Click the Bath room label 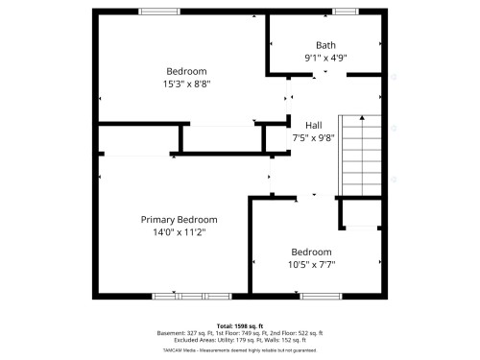tap(325, 45)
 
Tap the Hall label tap(314, 126)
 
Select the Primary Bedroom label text tap(179, 219)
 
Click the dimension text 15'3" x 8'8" tap(186, 84)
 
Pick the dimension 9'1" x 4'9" tap(325, 58)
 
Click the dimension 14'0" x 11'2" tap(179, 231)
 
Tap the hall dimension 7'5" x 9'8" tap(314, 138)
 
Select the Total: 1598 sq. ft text tap(240, 326)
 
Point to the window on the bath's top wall tap(346, 12)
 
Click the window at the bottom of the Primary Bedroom tap(192, 296)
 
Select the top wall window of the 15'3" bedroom tap(159, 12)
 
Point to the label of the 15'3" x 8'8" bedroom tap(186, 71)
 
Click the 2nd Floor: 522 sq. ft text tap(297, 333)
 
